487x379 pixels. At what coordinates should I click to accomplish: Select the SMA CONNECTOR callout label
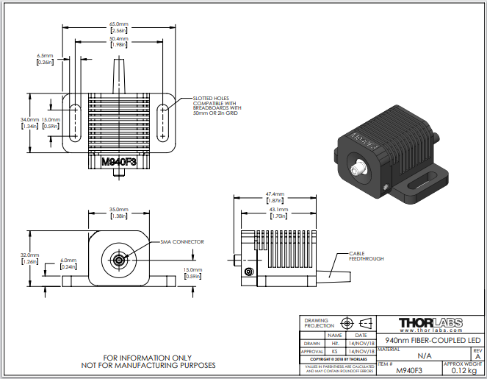pos(181,241)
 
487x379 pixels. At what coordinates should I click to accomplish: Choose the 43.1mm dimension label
pos(278,213)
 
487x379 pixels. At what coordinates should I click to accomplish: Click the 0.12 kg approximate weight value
pos(463,370)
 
